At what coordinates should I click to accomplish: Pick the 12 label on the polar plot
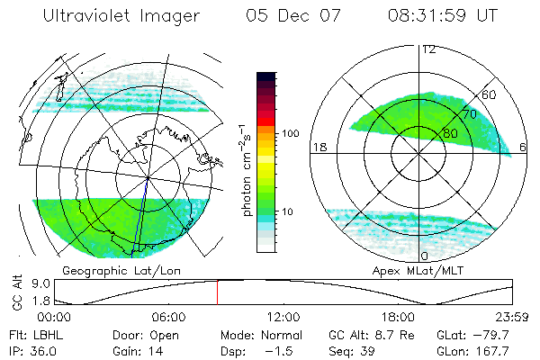[x=429, y=49]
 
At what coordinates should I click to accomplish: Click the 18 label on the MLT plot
[x=318, y=147]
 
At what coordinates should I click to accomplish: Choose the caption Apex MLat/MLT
[x=421, y=270]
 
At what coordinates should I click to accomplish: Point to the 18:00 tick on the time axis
[x=398, y=317]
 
